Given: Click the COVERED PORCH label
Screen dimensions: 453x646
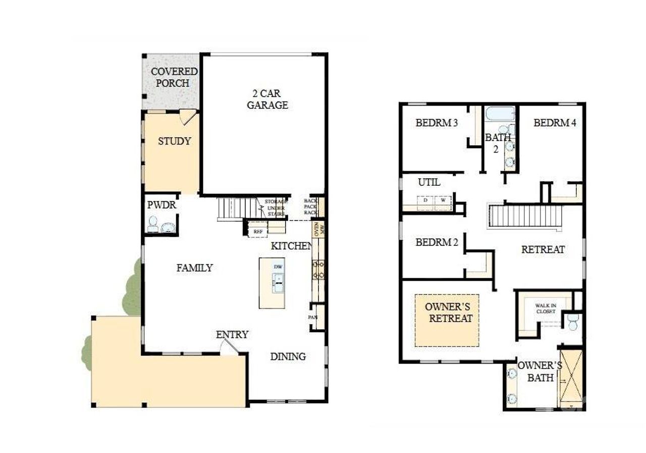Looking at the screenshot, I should [x=173, y=77].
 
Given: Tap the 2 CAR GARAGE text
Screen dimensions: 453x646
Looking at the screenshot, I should [x=267, y=99].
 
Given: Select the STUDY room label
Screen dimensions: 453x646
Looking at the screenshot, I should [x=174, y=141].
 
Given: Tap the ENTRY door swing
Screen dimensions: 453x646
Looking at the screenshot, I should [x=228, y=346].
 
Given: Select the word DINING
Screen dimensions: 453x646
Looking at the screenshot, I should [x=288, y=357].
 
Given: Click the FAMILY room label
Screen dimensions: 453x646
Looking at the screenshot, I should [x=194, y=268].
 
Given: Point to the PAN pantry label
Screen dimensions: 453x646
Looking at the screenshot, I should [x=313, y=317].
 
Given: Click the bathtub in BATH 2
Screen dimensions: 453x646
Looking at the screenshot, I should [x=500, y=113].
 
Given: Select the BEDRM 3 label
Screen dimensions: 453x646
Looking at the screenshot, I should [x=436, y=123].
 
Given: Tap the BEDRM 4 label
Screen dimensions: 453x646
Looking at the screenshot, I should [x=555, y=123].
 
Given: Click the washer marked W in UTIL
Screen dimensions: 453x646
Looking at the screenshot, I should [x=443, y=200].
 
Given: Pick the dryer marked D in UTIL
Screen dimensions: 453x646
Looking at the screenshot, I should [x=425, y=200].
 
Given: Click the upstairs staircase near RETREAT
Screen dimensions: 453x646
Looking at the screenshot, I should [x=525, y=216].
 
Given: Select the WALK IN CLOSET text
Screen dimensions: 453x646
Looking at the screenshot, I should [x=546, y=309].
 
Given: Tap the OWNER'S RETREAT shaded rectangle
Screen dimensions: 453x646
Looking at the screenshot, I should [x=447, y=320].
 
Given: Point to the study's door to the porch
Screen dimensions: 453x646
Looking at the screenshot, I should [x=188, y=116].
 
